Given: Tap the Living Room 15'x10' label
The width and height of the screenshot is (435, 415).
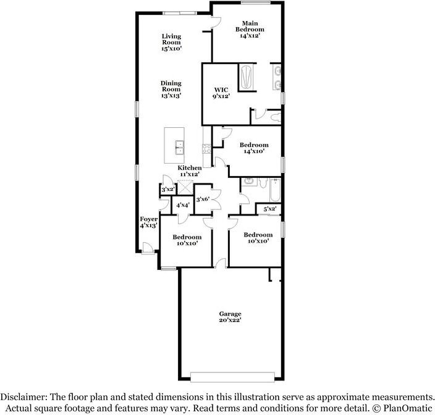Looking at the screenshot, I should [x=171, y=42].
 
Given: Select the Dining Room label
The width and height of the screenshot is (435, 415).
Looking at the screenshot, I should [x=171, y=90].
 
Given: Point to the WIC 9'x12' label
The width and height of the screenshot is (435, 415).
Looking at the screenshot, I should [x=221, y=93].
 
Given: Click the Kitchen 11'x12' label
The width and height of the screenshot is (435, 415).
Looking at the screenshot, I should [x=190, y=171].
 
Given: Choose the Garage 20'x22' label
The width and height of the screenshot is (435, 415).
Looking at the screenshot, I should [x=229, y=317].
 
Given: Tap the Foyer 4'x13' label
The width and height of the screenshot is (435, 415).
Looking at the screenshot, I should [x=148, y=222].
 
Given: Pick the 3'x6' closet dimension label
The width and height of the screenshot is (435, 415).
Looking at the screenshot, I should [x=203, y=199].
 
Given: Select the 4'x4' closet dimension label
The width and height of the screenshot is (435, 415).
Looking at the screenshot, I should [x=182, y=205].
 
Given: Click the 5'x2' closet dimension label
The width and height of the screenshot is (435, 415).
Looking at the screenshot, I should [x=269, y=209].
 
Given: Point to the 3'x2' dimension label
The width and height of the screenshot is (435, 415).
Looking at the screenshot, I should [x=167, y=190].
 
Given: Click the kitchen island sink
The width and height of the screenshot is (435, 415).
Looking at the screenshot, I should [x=180, y=147].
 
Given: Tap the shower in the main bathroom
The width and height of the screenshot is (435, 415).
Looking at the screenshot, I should [x=247, y=77].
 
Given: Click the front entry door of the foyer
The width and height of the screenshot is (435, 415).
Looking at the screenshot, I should [x=148, y=248].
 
